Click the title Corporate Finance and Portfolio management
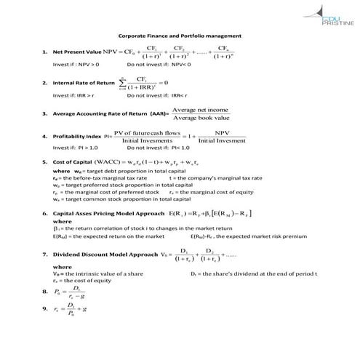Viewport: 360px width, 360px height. pos(180,36)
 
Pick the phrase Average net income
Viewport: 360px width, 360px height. pos(200,108)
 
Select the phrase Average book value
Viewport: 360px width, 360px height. pos(201,118)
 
